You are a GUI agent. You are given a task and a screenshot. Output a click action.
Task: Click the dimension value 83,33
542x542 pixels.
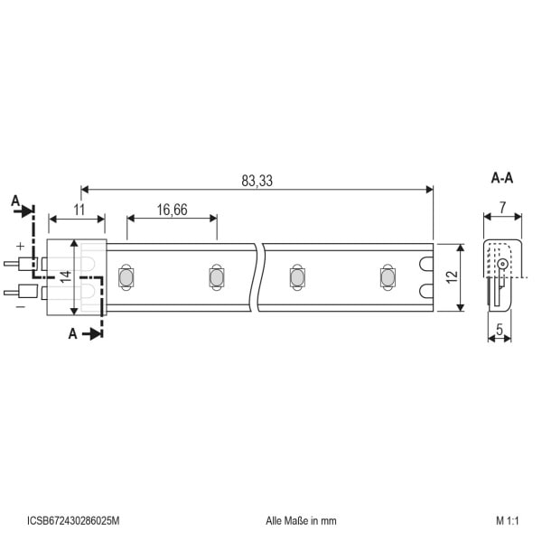tap(257, 181)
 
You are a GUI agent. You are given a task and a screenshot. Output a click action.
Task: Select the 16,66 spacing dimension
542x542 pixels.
tap(173, 210)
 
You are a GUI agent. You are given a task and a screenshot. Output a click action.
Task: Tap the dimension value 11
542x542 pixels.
tap(79, 210)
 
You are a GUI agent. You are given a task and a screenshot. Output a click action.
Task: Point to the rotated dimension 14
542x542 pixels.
tap(65, 276)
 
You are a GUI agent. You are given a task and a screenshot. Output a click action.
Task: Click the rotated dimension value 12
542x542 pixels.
tap(453, 277)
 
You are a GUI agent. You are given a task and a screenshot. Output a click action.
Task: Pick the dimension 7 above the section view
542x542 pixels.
tap(502, 208)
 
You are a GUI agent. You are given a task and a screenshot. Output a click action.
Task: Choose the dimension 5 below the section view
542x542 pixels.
tap(500, 330)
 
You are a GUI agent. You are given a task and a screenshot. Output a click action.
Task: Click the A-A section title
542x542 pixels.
tap(502, 178)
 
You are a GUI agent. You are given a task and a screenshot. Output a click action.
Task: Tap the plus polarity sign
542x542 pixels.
tap(21, 246)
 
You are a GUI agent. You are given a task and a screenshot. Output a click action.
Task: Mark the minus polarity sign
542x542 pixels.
tap(21, 307)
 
